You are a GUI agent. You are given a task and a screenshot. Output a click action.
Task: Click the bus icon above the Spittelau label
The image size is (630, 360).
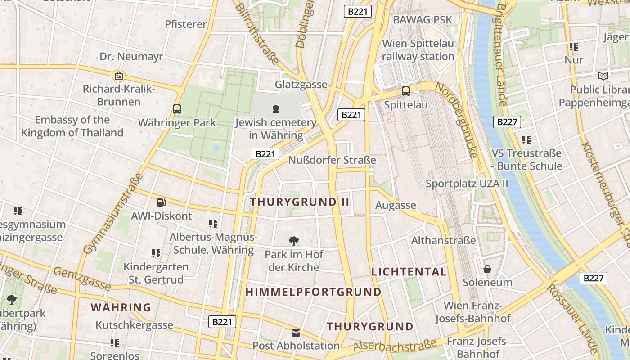(406, 91)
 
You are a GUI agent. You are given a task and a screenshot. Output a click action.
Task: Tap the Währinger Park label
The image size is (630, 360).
(177, 122)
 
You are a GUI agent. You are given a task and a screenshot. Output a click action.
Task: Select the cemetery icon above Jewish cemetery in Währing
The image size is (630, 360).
(276, 108)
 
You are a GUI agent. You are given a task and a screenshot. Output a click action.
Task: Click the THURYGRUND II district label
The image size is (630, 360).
(300, 202)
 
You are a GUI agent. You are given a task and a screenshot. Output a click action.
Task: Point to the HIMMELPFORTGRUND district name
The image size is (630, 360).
(313, 292)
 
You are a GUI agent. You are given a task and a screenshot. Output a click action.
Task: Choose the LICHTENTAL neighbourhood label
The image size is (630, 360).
(409, 272)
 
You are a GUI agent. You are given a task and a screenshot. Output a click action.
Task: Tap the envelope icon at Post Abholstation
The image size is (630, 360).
(296, 333)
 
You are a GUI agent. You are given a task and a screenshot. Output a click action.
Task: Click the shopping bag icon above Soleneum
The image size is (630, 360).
(487, 270)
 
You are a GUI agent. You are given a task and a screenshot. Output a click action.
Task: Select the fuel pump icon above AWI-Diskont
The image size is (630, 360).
(161, 203)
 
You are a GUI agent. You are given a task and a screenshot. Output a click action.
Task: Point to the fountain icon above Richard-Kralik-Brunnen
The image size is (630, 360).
(119, 76)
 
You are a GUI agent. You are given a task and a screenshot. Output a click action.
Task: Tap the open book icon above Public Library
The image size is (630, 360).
(603, 76)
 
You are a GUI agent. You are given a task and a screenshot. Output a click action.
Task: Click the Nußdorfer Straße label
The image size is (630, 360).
(332, 160)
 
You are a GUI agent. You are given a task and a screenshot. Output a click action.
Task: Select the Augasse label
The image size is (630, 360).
(396, 206)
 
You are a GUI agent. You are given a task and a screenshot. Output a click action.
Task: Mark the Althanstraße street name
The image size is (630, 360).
(443, 240)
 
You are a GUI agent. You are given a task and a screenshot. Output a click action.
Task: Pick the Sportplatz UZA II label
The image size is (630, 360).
(467, 184)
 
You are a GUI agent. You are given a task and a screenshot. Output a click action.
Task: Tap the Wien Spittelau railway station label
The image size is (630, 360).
(418, 50)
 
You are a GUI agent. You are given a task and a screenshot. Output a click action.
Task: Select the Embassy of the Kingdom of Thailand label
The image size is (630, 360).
(72, 126)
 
